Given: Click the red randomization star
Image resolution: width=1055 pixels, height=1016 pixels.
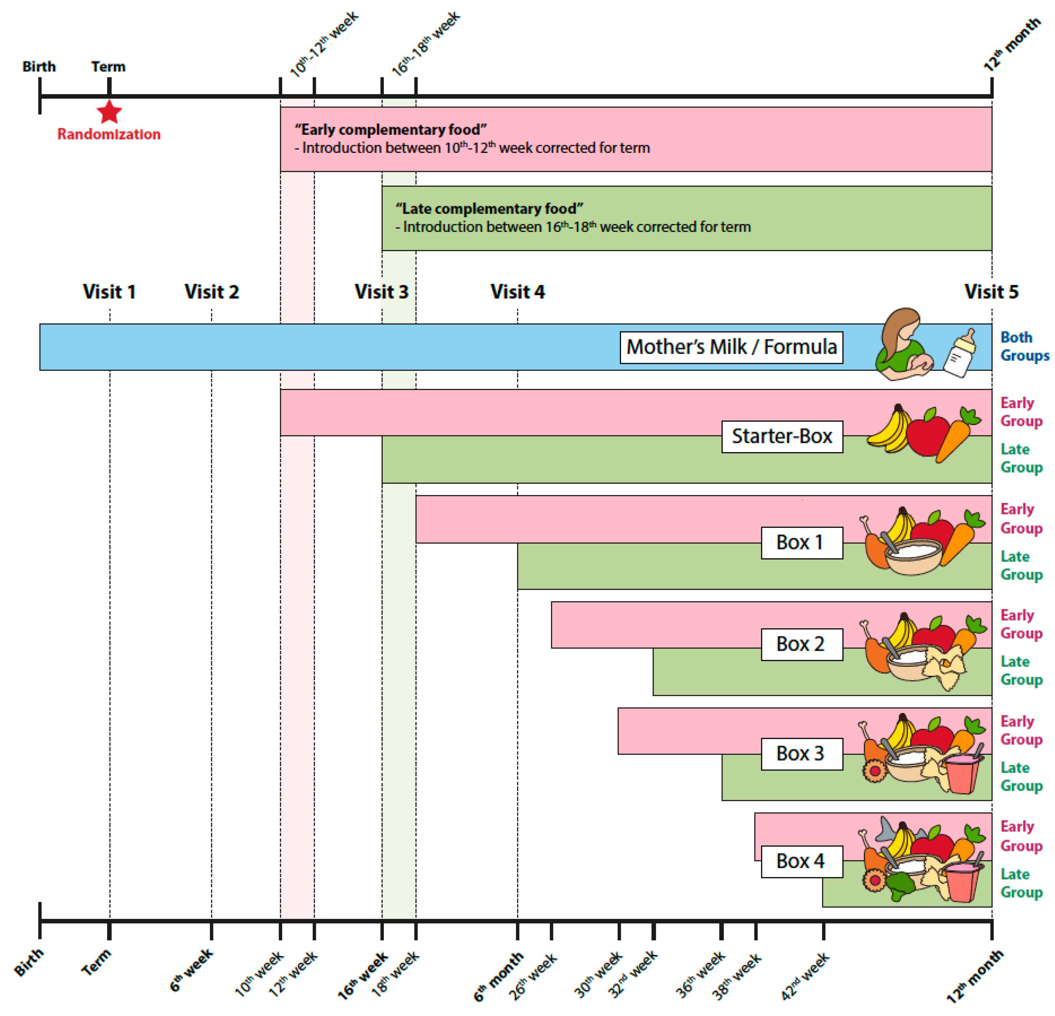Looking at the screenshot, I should pos(109,112).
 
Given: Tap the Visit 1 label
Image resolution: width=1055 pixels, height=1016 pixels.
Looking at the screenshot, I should pos(109,292).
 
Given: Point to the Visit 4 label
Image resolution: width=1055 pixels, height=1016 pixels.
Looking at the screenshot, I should pos(517,292).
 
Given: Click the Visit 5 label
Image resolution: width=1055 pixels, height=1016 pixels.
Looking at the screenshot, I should pos(991,292).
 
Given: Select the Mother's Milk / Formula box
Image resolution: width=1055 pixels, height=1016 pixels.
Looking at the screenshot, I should pos(731,347).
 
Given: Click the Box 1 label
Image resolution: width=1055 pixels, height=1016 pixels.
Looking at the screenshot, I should pos(801,543).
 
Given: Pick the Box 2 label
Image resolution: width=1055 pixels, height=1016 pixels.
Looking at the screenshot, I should pos(801,644).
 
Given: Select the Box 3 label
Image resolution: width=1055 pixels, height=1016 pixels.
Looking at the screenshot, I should pos(801,753).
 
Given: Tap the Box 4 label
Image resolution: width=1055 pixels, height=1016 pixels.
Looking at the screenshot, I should pos(801,861).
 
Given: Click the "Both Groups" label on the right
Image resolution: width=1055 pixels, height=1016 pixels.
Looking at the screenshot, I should pos(1024,346).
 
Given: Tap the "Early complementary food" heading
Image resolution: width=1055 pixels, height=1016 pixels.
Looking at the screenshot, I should pos(391,130).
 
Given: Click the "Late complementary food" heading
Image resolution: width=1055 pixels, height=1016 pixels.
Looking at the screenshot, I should pos(489,209).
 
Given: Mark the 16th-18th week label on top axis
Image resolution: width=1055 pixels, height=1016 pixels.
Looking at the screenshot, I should pos(425,43).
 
